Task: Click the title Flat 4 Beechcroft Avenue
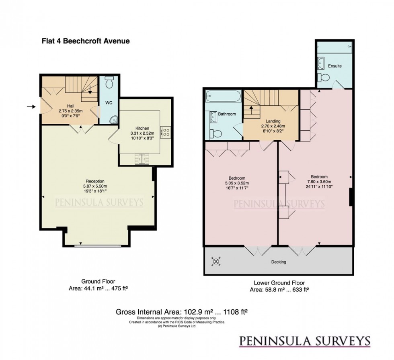[86, 41]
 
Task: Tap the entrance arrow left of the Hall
[31, 106]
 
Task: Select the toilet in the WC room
[109, 83]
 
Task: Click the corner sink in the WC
[113, 119]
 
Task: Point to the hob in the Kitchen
[166, 132]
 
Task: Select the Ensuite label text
[334, 65]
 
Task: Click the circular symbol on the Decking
[216, 262]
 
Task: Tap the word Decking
[279, 262]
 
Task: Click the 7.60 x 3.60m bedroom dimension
[319, 182]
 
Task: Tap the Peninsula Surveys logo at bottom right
[304, 341]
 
